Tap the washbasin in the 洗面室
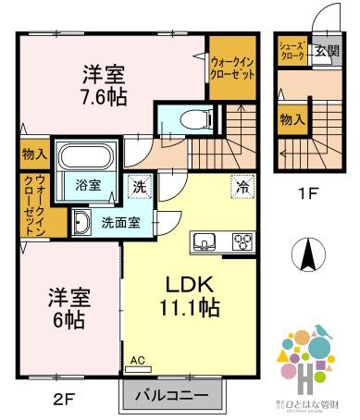pos(82,221)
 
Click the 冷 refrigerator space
pos(242,185)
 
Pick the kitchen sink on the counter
pos(204,243)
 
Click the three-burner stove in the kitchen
pos(242,242)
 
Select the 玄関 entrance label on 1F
pos(327,51)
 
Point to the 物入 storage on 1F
pos(292,118)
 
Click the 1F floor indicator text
pos(308,195)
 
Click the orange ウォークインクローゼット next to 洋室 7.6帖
pos(230,67)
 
